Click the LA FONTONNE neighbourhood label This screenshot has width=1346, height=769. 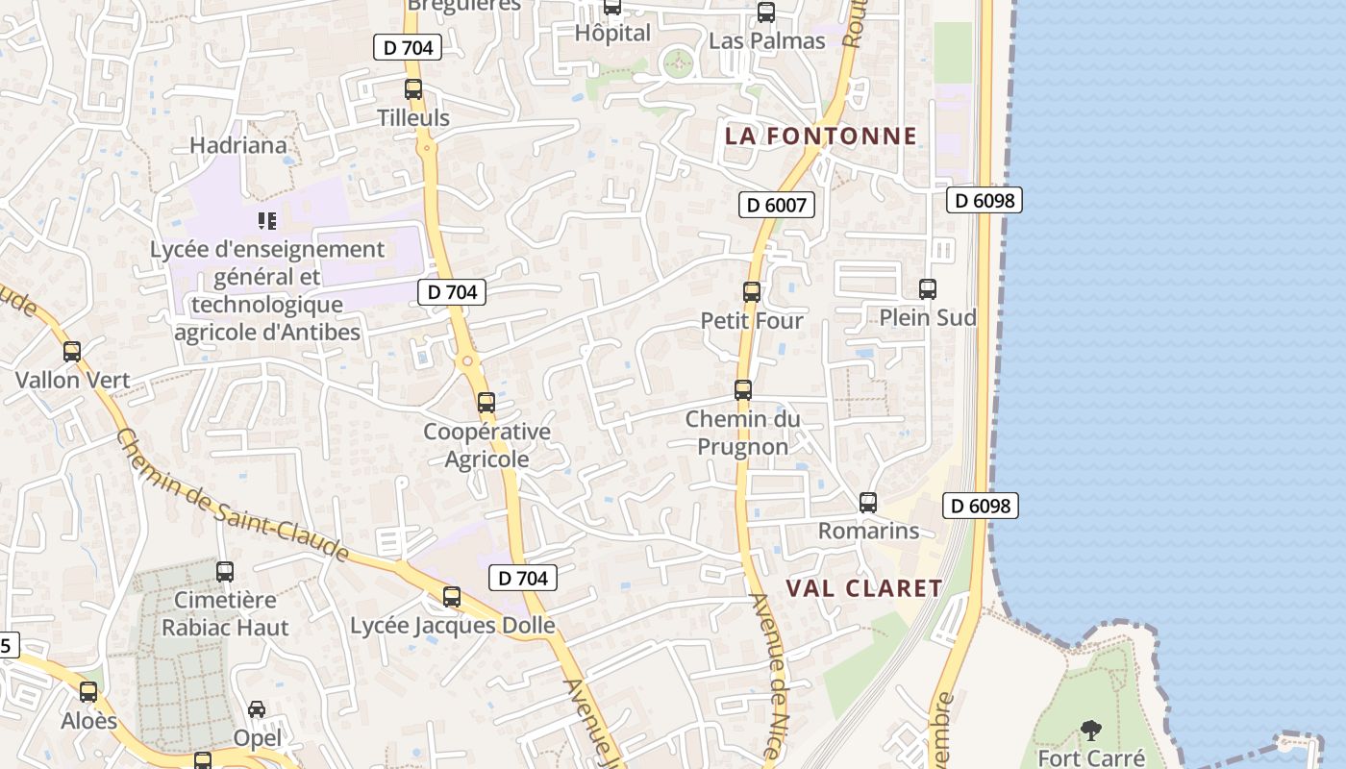[x=821, y=136]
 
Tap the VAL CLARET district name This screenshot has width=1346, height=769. [x=864, y=588]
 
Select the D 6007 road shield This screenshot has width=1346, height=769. [x=777, y=204]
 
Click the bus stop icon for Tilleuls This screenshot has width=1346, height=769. [x=413, y=89]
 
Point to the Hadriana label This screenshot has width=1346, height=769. [x=238, y=145]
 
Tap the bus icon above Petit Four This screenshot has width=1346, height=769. [x=752, y=292]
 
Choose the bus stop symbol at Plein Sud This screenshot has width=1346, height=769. [x=928, y=289]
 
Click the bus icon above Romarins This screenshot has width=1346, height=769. [x=868, y=503]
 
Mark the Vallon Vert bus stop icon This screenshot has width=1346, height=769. [x=72, y=352]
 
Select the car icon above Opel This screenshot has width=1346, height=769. [x=257, y=709]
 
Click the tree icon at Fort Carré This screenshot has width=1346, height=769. [x=1091, y=732]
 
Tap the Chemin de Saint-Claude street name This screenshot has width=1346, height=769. [x=232, y=495]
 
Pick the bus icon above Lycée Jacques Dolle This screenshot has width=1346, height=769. [x=452, y=597]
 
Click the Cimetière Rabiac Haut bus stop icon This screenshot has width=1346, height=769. [x=225, y=572]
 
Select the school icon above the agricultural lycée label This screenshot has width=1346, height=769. [x=267, y=221]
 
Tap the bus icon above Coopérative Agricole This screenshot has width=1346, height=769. [x=486, y=403]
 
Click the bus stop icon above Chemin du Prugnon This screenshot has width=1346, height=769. [x=743, y=390]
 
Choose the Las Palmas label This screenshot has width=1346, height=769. [x=766, y=40]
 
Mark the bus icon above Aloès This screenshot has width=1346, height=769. [x=88, y=692]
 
